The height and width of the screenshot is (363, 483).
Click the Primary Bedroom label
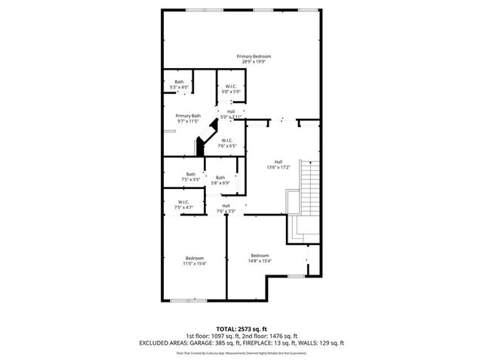point(253,57)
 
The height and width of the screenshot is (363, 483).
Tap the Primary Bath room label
point(189,116)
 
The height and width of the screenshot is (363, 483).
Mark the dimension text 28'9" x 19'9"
point(253,62)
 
